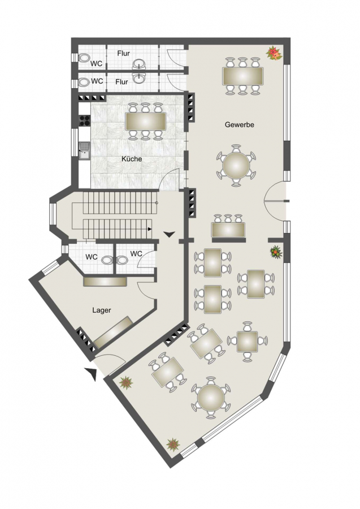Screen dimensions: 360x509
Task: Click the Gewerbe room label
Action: (x=240, y=124)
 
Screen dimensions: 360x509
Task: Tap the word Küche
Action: (x=132, y=159)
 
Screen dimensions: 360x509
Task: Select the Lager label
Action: (x=102, y=310)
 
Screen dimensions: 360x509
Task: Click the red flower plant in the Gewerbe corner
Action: (x=274, y=53)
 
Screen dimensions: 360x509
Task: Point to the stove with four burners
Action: (x=85, y=120)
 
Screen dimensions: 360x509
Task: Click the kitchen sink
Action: (x=85, y=151)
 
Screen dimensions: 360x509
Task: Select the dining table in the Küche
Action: (x=146, y=122)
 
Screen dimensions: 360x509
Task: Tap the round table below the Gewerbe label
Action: (x=236, y=166)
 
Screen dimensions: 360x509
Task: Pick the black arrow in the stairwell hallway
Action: (x=170, y=234)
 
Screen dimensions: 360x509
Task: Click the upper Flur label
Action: (x=124, y=54)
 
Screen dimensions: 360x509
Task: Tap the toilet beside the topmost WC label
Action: (x=84, y=58)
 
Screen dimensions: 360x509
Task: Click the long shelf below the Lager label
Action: (x=114, y=331)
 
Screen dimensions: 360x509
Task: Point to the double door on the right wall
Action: (x=275, y=201)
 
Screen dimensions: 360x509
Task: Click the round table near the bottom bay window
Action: (x=211, y=398)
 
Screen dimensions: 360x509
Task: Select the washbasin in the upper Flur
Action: (x=140, y=63)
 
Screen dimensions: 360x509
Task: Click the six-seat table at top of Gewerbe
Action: (x=242, y=76)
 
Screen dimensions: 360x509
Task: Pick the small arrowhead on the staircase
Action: (x=150, y=229)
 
